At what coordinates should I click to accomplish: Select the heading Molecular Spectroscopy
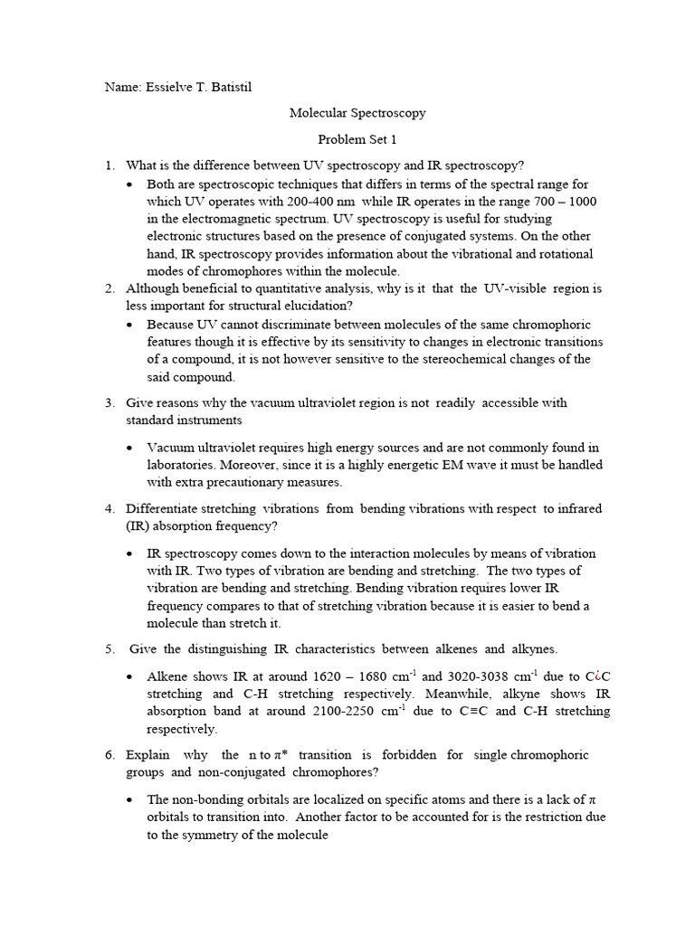[x=357, y=114]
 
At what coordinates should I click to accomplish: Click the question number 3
[x=109, y=402]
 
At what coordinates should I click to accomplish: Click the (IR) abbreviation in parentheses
[x=138, y=525]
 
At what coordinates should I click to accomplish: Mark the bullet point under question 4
[x=132, y=553]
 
